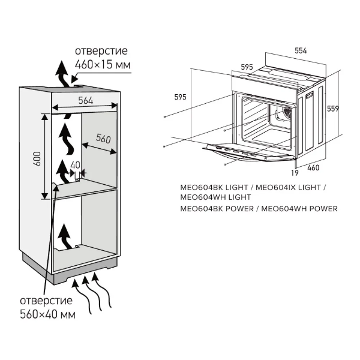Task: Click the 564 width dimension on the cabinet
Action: [x=86, y=100]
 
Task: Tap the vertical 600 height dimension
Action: [x=37, y=158]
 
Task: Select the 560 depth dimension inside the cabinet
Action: [x=103, y=139]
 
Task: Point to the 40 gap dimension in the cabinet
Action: [x=75, y=165]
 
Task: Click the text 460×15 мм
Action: [x=103, y=65]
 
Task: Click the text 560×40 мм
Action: [x=48, y=314]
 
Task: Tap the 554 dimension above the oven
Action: [x=301, y=51]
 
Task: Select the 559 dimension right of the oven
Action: [x=333, y=109]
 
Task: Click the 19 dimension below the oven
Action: [x=295, y=173]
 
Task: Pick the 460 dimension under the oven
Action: [x=313, y=168]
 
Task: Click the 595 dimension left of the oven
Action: [x=180, y=97]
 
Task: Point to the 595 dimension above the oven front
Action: [x=247, y=67]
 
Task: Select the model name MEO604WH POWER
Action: [x=299, y=209]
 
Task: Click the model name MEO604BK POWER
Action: [x=217, y=209]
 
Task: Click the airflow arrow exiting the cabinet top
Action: [x=63, y=74]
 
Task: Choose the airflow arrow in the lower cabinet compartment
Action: [x=66, y=237]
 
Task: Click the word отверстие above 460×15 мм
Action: [x=101, y=51]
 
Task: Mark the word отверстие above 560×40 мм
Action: [x=46, y=301]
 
